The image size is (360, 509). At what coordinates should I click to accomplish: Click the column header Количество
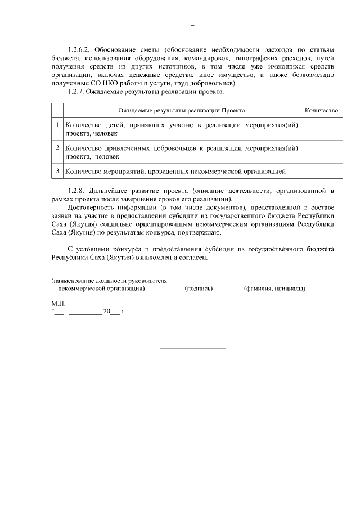pyautogui.click(x=321, y=111)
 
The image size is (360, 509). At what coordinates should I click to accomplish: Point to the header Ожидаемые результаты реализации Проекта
pyautogui.click(x=182, y=111)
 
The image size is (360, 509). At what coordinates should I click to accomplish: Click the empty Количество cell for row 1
pyautogui.click(x=321, y=129)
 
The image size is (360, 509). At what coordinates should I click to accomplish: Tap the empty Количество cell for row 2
pyautogui.click(x=321, y=152)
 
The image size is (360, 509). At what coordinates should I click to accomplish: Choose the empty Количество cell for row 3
pyautogui.click(x=321, y=170)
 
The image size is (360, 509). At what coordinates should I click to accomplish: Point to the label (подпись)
pyautogui.click(x=199, y=288)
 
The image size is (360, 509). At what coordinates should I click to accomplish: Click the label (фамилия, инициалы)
pyautogui.click(x=274, y=288)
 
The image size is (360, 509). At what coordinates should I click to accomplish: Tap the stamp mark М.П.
pyautogui.click(x=57, y=303)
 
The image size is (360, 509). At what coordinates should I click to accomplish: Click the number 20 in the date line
pyautogui.click(x=107, y=310)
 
